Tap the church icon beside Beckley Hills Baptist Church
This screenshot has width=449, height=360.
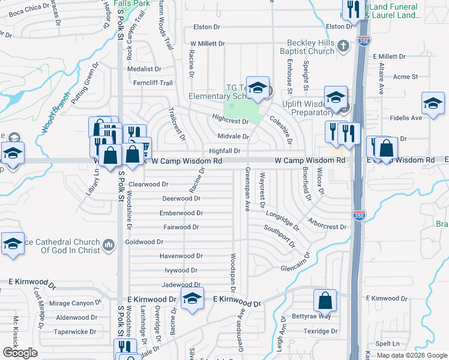point(343,45)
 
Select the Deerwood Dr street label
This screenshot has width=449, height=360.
point(181,199)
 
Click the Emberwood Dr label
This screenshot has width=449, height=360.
point(181,213)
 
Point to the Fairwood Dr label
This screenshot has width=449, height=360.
point(181,227)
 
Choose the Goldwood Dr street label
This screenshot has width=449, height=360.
point(144,242)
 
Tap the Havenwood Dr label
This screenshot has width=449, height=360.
point(181,256)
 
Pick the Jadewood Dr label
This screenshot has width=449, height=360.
point(181,285)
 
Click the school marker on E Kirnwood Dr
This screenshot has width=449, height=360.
point(191,299)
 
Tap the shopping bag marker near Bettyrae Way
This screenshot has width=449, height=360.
point(325,299)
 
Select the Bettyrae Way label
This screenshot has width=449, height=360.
point(312,316)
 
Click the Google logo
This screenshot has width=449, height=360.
point(20,353)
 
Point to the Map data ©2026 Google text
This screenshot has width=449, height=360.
point(412,355)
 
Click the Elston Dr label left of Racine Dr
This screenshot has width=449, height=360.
point(208,27)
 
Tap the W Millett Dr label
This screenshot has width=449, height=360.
point(207,44)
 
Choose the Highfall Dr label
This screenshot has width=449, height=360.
point(224,151)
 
